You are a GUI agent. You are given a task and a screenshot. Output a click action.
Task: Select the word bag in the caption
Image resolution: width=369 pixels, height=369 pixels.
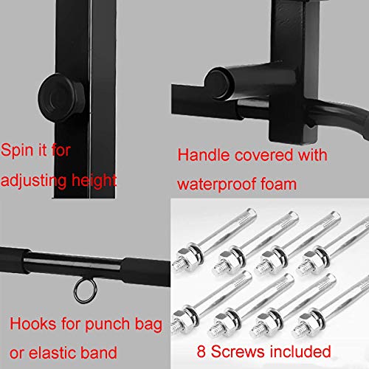click(148, 323)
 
